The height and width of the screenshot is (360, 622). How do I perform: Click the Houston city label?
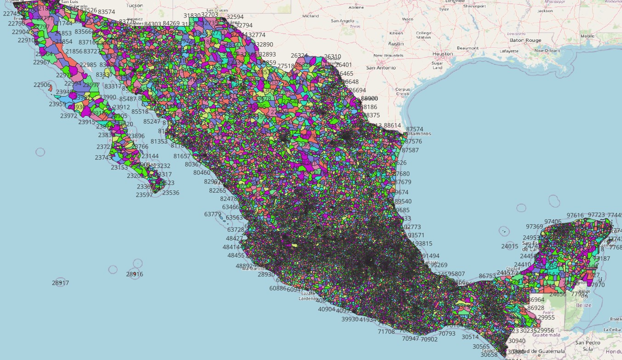pyautogui.click(x=443, y=54)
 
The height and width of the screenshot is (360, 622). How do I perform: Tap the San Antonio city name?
pyautogui.click(x=381, y=68)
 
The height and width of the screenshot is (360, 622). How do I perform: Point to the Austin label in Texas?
pyautogui.click(x=396, y=44)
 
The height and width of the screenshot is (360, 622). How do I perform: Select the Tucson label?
pyautogui.click(x=134, y=6)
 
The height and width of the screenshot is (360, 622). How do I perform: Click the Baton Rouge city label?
pyautogui.click(x=527, y=40)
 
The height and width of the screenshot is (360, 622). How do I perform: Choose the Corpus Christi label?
pyautogui.click(x=402, y=91)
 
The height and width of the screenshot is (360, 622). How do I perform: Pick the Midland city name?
pyautogui.click(x=310, y=16)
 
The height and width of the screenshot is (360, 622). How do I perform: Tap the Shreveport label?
pyautogui.click(x=474, y=6)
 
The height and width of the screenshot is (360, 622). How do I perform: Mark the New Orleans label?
pyautogui.click(x=547, y=51)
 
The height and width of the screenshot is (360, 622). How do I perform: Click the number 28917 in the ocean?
pyautogui.click(x=60, y=283)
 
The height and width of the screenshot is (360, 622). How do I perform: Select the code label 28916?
pyautogui.click(x=135, y=274)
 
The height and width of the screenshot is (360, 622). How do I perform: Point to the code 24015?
pyautogui.click(x=510, y=246)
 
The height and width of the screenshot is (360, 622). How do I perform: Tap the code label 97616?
pyautogui.click(x=575, y=215)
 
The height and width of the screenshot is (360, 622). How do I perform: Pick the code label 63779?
pyautogui.click(x=213, y=214)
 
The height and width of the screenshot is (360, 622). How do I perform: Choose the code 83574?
pyautogui.click(x=107, y=11)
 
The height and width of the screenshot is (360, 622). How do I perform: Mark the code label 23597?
pyautogui.click(x=144, y=195)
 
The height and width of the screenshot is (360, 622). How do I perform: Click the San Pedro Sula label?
pyautogui.click(x=586, y=346)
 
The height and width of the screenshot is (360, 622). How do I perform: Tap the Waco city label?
pyautogui.click(x=408, y=19)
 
